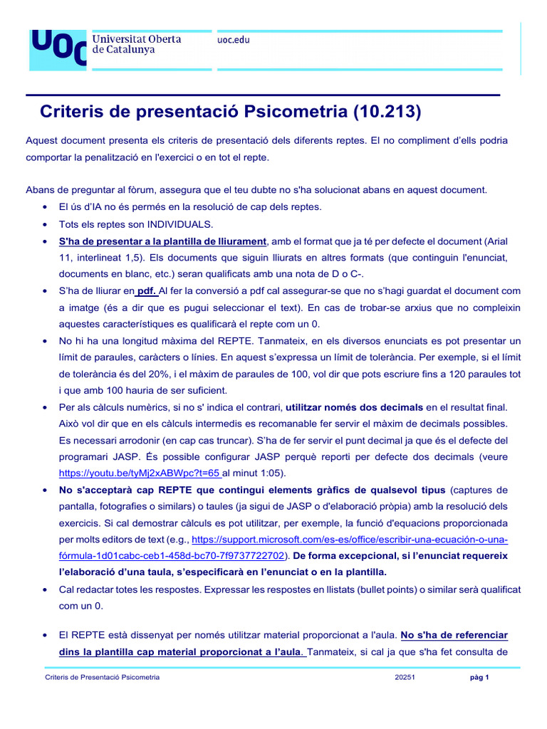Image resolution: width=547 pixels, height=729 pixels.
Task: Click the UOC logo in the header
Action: point(57,49)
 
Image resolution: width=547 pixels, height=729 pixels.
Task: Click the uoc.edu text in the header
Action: point(233,40)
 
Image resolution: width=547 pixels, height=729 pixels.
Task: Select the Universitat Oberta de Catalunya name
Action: point(137,44)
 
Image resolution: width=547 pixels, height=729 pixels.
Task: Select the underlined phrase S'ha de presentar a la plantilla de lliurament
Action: point(162,241)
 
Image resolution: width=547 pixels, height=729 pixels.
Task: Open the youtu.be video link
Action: point(140,472)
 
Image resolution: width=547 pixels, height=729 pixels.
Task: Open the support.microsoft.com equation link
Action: point(350,539)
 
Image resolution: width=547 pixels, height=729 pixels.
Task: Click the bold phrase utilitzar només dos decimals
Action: point(355,407)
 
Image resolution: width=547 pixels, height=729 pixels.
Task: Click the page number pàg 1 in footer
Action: point(479,677)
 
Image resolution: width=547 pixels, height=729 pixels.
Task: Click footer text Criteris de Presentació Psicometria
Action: point(102,677)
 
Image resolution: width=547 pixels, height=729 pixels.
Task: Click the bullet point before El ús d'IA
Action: point(46,207)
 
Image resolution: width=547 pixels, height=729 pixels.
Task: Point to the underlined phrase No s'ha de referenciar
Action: point(454,634)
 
